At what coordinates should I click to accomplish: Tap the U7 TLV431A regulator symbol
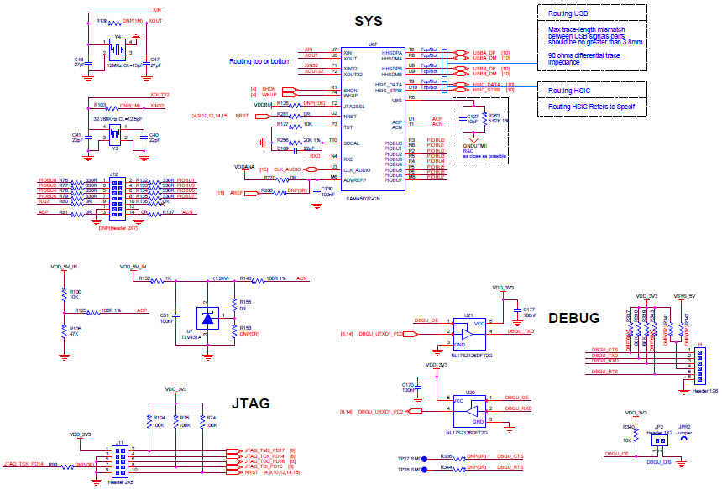(208, 317)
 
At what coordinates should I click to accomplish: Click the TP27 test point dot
(425, 459)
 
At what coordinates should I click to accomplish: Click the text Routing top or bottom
(260, 61)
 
